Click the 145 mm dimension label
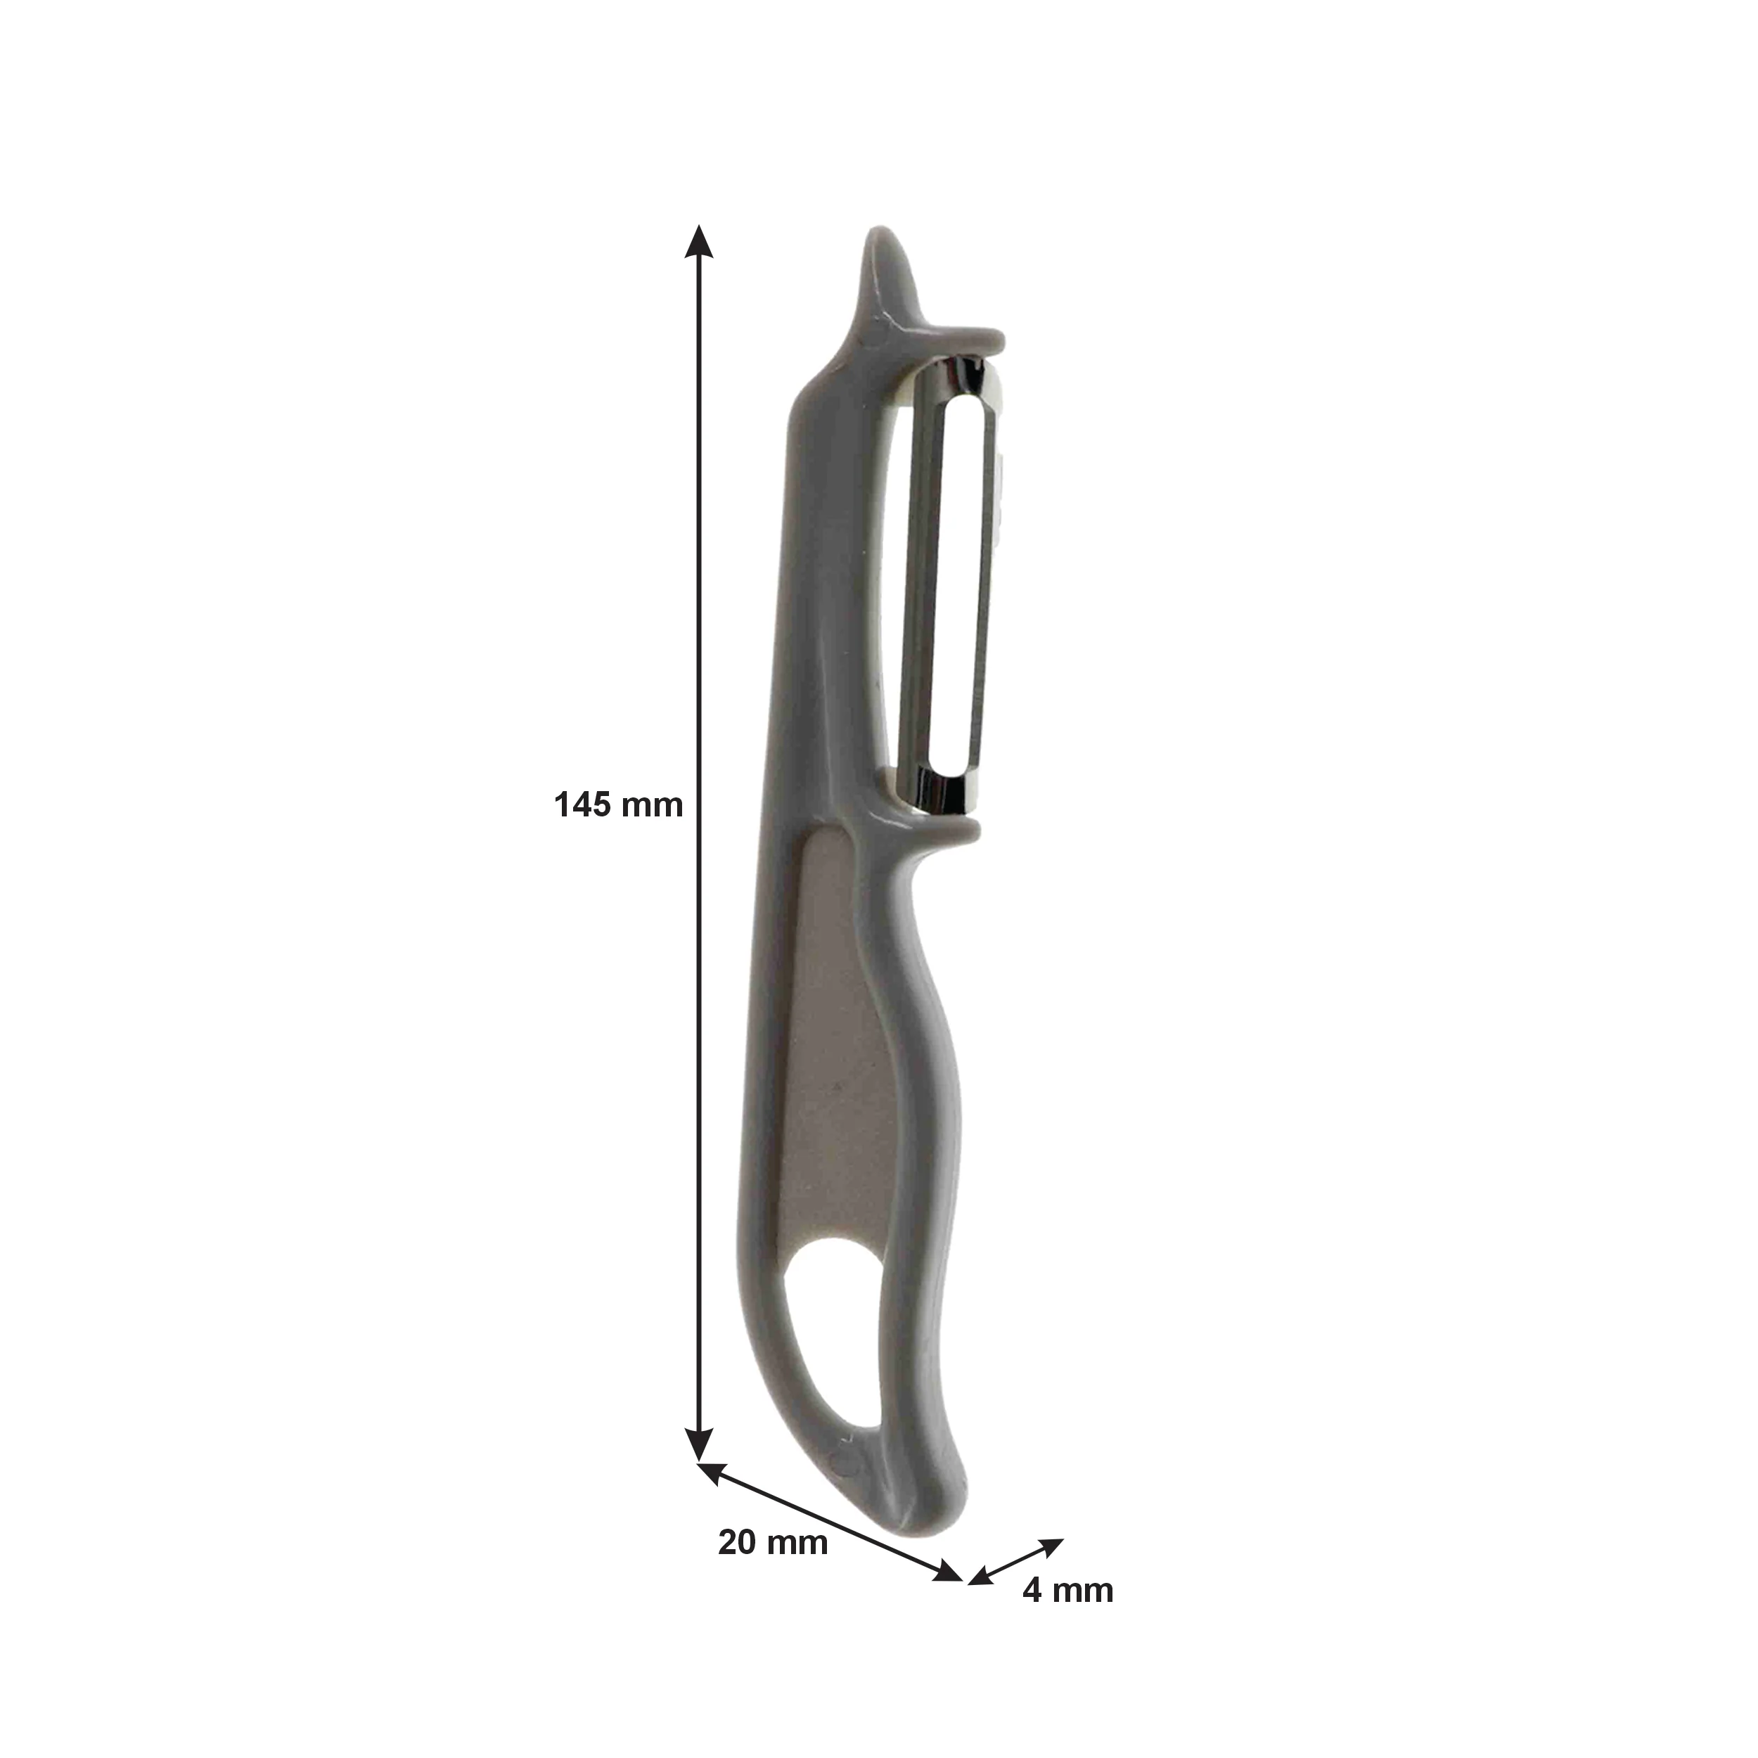point(618,805)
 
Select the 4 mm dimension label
point(1067,1615)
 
